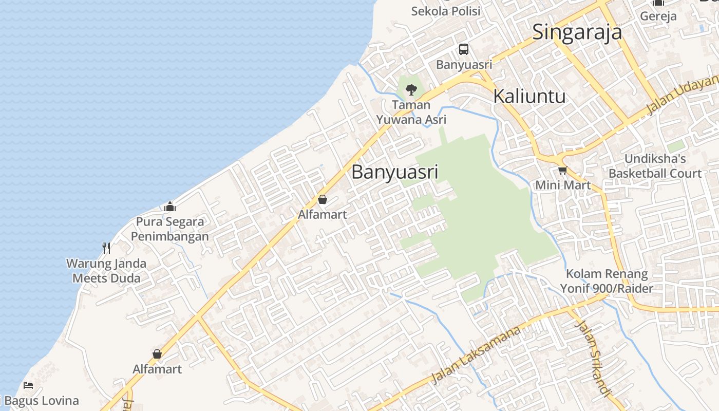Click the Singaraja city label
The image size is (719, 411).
pos(577,32)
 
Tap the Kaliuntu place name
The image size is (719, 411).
pos(529,96)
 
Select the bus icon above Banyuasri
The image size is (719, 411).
pos(464,49)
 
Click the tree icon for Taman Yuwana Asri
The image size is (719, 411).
pos(411,90)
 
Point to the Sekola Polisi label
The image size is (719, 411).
pos(446,11)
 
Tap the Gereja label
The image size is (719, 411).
pos(658,16)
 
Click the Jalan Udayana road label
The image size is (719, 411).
pos(683,94)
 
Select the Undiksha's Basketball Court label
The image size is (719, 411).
pos(655,166)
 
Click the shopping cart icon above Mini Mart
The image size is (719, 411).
pos(562,170)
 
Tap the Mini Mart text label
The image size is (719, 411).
pos(563,185)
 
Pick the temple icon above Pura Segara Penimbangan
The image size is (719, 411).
pos(170,207)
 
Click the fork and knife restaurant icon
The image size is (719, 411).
pos(106,248)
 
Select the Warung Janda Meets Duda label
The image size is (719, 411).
pos(106,271)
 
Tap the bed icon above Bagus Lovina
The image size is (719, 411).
pos(28,385)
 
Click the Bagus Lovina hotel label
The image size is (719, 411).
pos(41,401)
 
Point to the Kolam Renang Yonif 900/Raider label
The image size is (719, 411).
pos(607,281)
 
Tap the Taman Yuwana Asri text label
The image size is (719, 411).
pos(411,113)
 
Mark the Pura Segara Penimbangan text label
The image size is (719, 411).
pos(170,229)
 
